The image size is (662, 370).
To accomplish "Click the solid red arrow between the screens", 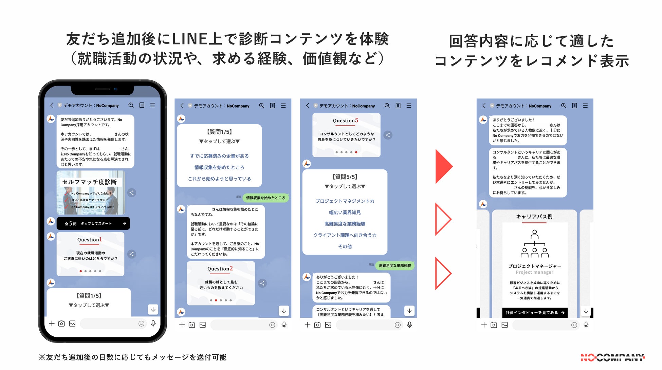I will tap(443, 166).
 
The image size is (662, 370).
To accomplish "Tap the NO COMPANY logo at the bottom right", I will tap(612, 357).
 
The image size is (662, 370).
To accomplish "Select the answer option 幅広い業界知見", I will tap(345, 212).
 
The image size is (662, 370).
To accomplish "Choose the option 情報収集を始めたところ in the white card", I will tap(219, 167).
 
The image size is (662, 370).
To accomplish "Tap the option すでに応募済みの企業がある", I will tap(219, 156).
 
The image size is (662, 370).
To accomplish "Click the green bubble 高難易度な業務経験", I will tap(394, 265).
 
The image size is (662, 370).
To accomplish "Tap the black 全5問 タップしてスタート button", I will tap(93, 223).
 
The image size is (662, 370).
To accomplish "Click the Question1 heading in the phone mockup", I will tap(90, 240).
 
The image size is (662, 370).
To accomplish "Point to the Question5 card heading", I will tap(345, 121).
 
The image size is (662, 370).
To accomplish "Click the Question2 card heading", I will tap(220, 269).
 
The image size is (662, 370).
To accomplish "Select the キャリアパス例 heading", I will tap(534, 217).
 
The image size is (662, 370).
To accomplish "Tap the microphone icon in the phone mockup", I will tap(153, 323).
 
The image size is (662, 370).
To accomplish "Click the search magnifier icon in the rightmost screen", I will tap(564, 106).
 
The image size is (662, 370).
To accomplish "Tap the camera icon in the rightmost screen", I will tap(494, 325).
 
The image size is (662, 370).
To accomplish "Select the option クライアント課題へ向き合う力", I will tap(345, 235).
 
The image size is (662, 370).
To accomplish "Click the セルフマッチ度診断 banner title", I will tap(89, 182).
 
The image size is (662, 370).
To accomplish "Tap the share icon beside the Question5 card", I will tap(388, 135).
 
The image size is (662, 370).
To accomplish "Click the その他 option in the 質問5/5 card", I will tap(345, 246).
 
